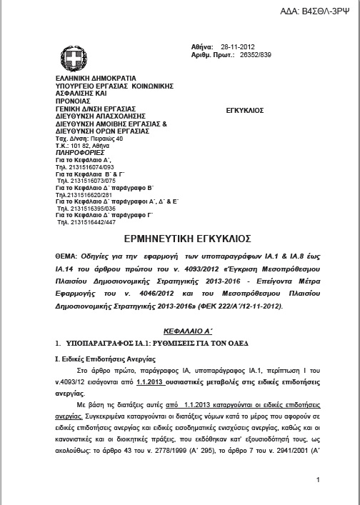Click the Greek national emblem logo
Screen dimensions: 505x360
click(x=74, y=56)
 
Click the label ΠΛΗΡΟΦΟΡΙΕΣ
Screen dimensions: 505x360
click(x=79, y=153)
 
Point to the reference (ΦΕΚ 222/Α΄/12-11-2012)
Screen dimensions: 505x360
click(x=193, y=306)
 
